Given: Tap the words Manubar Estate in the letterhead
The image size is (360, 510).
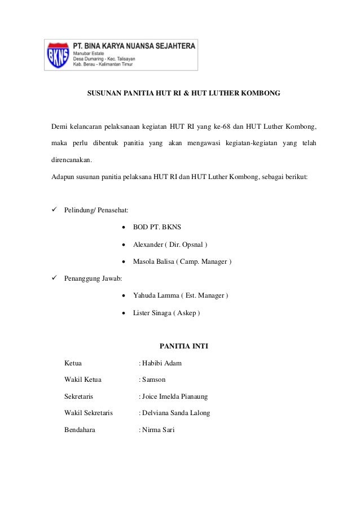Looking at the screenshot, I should [89, 53].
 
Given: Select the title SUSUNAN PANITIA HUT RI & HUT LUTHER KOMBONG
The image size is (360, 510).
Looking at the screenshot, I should [183, 91].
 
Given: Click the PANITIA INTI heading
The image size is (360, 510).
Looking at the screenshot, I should [184, 346].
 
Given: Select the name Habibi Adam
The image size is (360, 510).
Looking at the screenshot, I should [162, 363].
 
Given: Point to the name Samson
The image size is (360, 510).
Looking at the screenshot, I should [154, 380].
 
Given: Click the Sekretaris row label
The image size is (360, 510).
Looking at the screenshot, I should [79, 396].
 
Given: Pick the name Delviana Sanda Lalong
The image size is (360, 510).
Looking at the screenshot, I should [176, 413].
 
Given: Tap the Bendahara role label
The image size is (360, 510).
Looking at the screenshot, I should [80, 430].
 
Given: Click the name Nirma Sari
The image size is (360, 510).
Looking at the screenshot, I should [159, 430].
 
